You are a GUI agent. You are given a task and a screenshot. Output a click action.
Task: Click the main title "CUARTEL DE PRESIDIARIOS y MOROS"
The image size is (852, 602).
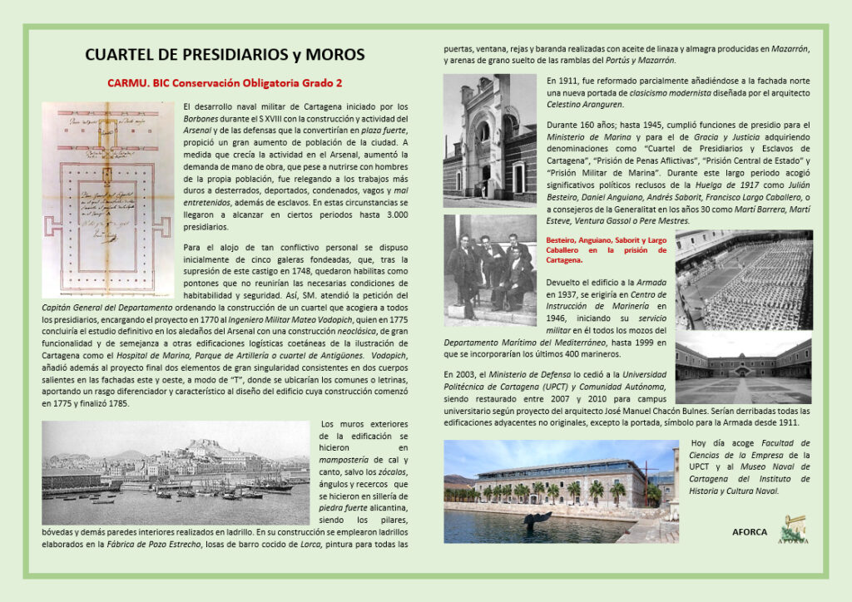225,56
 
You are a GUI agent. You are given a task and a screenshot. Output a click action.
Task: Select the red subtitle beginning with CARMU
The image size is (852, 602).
225,83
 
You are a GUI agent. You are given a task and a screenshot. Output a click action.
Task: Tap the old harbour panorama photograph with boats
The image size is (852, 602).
175,471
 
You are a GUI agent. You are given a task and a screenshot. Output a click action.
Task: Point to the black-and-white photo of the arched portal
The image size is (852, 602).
489,141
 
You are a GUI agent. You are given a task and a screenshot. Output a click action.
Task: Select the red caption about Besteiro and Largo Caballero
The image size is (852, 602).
606,249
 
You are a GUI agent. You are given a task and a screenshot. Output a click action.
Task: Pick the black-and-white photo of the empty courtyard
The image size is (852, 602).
743,368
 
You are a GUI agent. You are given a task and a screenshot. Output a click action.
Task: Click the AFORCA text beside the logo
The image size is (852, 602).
750,531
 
